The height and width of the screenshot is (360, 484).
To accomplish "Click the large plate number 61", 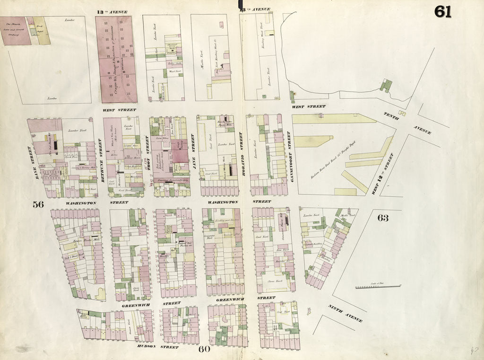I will (443, 11).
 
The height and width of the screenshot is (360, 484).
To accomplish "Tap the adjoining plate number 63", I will (383, 218).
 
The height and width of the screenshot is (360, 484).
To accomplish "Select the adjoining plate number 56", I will (38, 204).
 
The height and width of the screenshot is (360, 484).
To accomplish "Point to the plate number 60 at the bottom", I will (204, 350).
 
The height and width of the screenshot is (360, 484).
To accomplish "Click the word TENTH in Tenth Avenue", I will (392, 115).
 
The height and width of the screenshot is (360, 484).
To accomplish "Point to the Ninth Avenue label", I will (345, 314).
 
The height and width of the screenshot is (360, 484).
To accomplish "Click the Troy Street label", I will (147, 152).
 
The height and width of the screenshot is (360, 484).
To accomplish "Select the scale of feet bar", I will (378, 286).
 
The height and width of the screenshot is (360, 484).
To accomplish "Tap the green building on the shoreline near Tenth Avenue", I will (386, 85).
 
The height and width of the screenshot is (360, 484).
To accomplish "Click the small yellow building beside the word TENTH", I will (402, 113).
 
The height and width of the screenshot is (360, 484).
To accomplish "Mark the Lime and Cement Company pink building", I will (16, 31).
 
